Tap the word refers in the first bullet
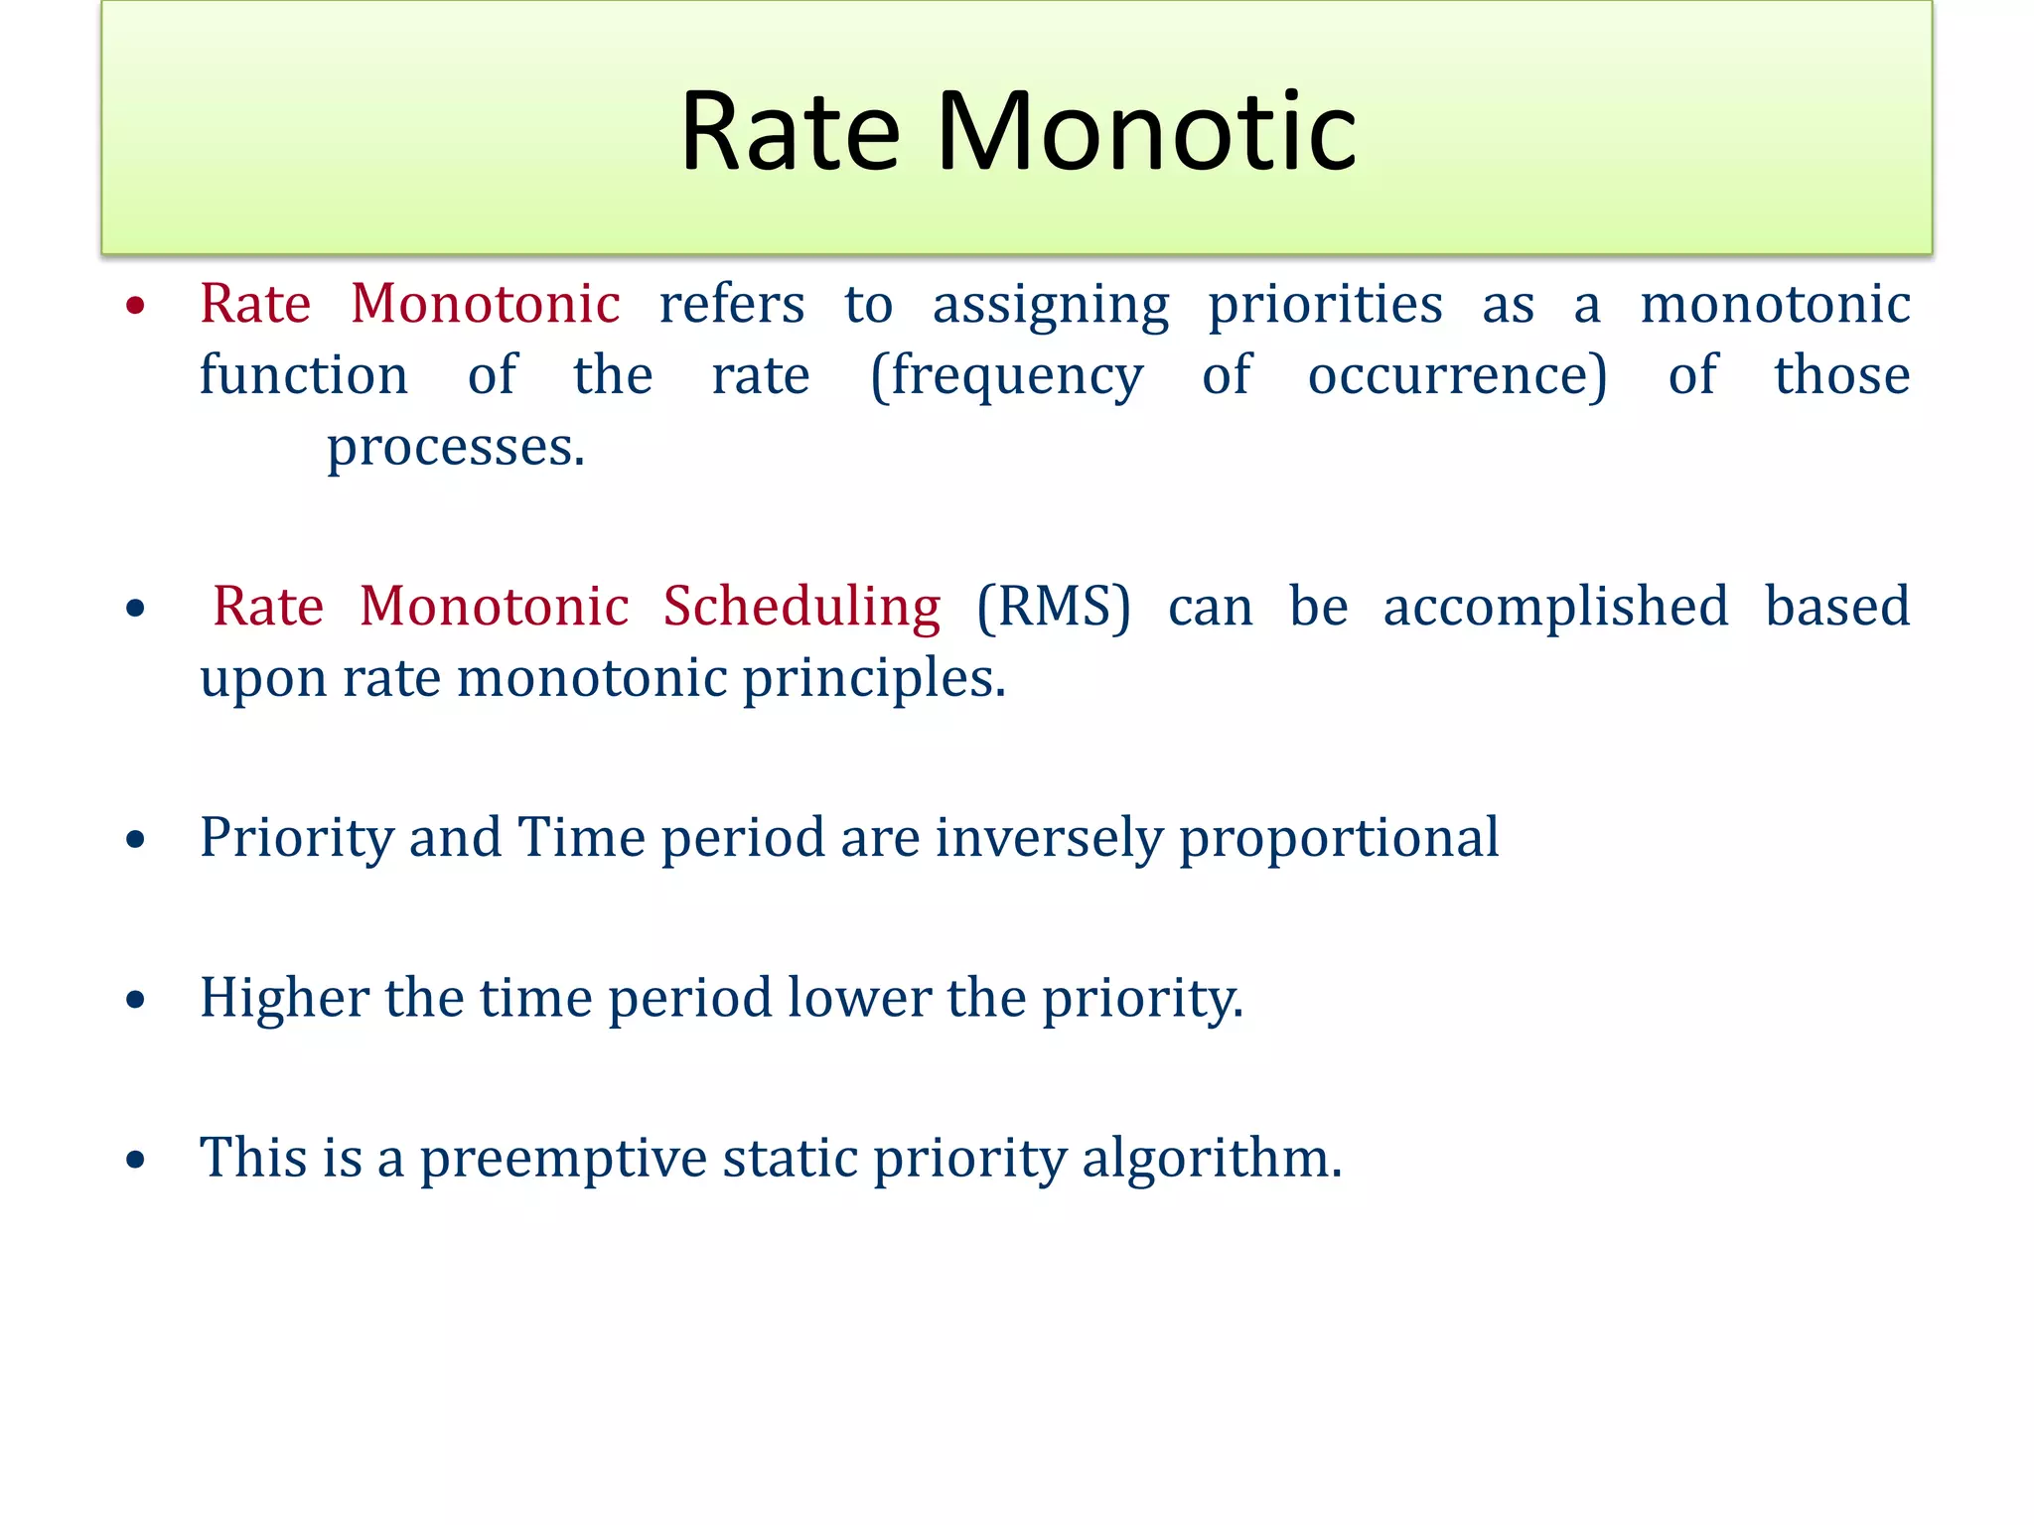732,304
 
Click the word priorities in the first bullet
1325,304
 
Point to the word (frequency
1006,378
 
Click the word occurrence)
1457,376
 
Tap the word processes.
456,449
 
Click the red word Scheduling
801,608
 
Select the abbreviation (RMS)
1054,607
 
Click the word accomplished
1555,608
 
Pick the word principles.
874,680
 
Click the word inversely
1049,839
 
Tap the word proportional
1339,839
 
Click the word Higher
284,998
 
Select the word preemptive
563,1160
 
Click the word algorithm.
1211,1160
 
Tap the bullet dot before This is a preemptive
136,1160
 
